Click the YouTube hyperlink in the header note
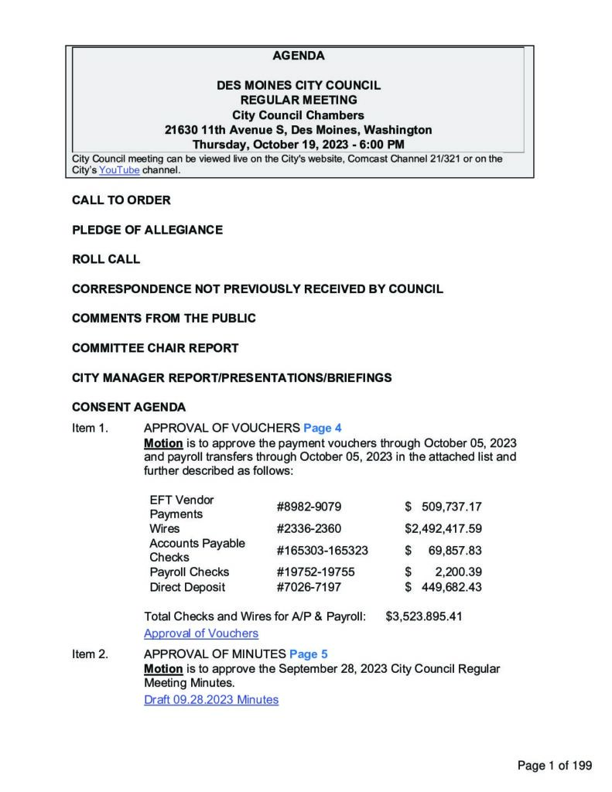[x=119, y=170]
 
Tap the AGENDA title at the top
[x=299, y=56]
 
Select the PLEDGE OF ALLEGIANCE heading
[x=147, y=230]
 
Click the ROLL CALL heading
[x=106, y=259]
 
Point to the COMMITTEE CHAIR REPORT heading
[x=155, y=348]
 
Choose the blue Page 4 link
[x=322, y=428]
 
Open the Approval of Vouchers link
[x=201, y=633]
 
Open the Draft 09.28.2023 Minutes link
[x=211, y=700]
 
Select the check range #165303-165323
[x=322, y=550]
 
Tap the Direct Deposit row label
[x=187, y=587]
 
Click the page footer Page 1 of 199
[x=554, y=766]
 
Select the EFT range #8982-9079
[x=309, y=507]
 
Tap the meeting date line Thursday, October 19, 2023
[x=298, y=144]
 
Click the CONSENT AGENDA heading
[x=128, y=407]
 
